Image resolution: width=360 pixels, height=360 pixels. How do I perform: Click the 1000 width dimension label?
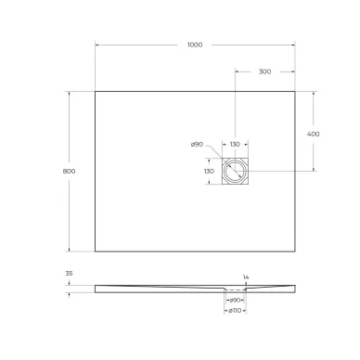pyautogui.click(x=194, y=45)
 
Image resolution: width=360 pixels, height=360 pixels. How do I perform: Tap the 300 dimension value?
pyautogui.click(x=264, y=71)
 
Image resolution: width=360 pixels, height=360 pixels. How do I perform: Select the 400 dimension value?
pyautogui.click(x=314, y=133)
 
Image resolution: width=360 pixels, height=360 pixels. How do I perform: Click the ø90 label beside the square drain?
pyautogui.click(x=197, y=144)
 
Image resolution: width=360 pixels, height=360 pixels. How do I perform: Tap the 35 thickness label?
pyautogui.click(x=70, y=275)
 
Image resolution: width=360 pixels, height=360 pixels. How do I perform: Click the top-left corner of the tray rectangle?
pyautogui.click(x=96, y=90)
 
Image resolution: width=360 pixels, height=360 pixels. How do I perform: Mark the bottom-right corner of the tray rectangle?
pyautogui.click(x=296, y=251)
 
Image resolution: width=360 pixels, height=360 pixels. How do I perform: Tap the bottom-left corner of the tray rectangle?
pyautogui.click(x=96, y=251)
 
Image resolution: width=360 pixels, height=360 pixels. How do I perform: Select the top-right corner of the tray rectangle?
pyautogui.click(x=296, y=90)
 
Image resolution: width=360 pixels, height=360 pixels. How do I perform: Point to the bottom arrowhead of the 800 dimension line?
pyautogui.click(x=70, y=250)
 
